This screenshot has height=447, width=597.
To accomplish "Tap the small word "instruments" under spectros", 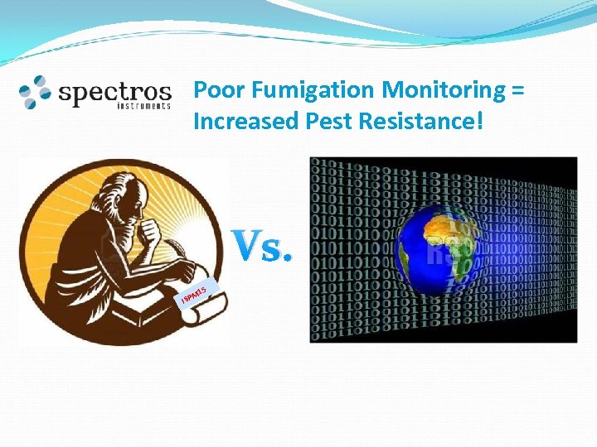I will tap(143, 107).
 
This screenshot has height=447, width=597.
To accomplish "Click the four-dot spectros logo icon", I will tap(36, 92).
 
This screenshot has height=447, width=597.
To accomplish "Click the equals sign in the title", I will tap(517, 90).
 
